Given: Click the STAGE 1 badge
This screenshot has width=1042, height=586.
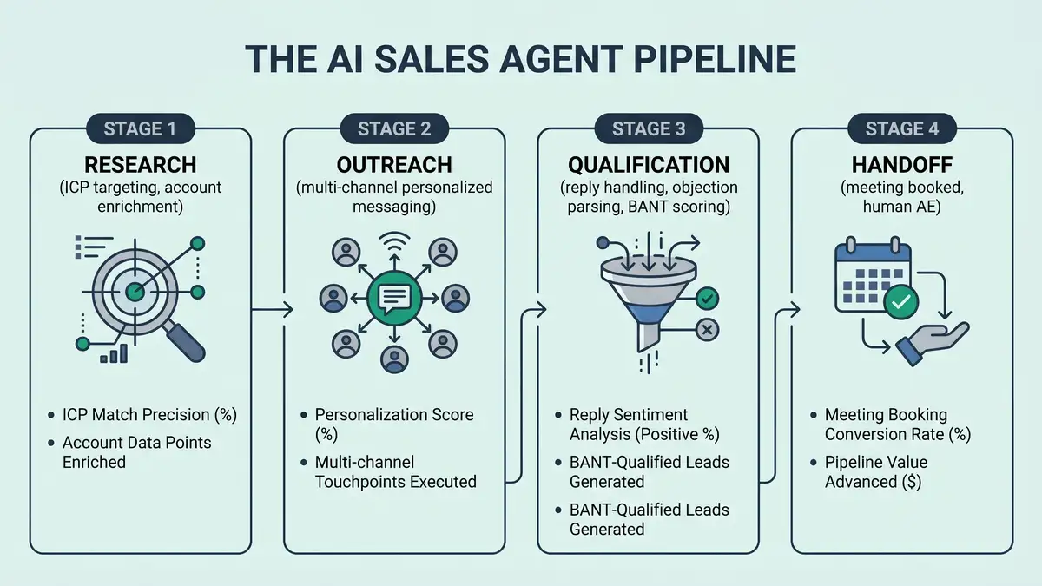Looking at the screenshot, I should [140, 129].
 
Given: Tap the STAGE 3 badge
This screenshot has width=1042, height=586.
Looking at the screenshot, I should [648, 129].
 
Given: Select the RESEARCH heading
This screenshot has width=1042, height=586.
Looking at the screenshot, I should [140, 165].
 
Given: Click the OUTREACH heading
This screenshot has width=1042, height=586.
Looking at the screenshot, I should [393, 165].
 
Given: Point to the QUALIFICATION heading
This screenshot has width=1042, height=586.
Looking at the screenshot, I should [648, 165].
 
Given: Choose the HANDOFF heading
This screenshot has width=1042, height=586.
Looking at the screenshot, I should [901, 165].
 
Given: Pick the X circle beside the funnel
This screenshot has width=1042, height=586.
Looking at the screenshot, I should [707, 329].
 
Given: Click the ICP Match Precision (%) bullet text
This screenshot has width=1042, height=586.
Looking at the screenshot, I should [149, 415].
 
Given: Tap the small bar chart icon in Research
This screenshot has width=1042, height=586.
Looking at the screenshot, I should [114, 353].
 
